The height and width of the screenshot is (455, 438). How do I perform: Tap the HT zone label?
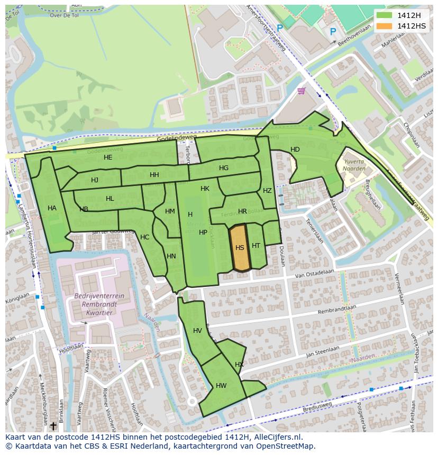tap(256, 246)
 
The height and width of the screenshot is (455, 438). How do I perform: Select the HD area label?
tap(295, 150)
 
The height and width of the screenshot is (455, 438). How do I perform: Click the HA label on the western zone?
tap(52, 208)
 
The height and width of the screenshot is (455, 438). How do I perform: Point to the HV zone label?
tap(197, 331)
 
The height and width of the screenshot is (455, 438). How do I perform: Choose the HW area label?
tap(221, 386)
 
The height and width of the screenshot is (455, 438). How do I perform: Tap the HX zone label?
tap(239, 365)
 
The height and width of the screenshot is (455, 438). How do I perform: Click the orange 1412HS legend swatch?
tap(385, 26)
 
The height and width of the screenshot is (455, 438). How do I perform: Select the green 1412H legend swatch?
tap(385, 15)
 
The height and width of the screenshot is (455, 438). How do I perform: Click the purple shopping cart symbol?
tap(301, 91)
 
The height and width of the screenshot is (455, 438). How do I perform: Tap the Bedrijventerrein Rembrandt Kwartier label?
tap(99, 304)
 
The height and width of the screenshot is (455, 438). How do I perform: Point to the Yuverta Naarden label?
tap(354, 165)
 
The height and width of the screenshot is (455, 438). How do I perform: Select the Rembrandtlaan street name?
tap(335, 309)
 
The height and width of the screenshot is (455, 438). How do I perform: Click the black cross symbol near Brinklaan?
tap(53, 425)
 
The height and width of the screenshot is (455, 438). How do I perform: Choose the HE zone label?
tap(108, 157)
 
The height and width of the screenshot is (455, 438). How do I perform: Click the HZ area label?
tap(267, 191)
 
